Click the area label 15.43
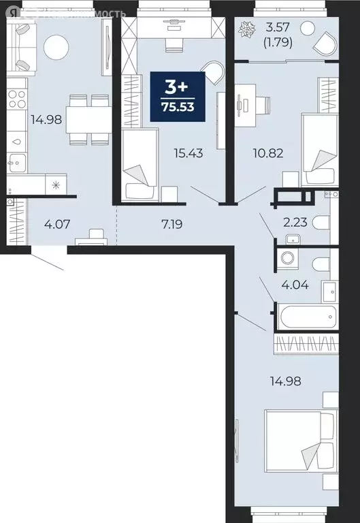(187, 153)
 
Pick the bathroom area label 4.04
(295, 285)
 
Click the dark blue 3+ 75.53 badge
(180, 97)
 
